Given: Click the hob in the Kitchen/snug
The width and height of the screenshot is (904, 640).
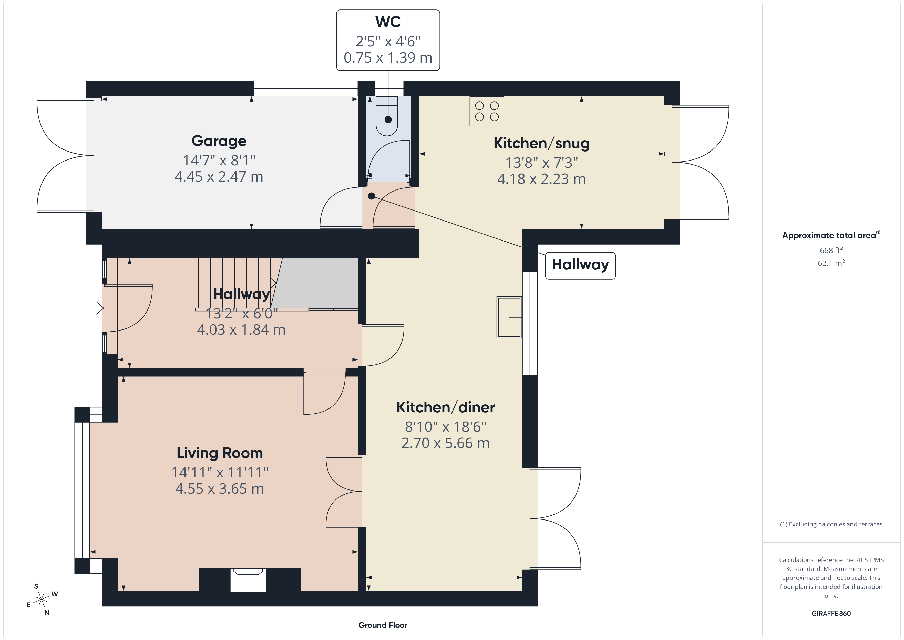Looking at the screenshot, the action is click(487, 111).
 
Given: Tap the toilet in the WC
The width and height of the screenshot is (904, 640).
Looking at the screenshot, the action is click(387, 116).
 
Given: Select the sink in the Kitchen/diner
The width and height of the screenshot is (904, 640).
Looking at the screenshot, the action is click(509, 317).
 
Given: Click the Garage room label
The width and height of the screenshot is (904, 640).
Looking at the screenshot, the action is click(219, 141).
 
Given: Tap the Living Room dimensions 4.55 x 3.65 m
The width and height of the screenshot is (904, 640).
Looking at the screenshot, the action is click(219, 489).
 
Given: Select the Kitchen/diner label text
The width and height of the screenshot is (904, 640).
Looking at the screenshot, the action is click(446, 407).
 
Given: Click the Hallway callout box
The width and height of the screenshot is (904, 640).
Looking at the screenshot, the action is click(580, 266).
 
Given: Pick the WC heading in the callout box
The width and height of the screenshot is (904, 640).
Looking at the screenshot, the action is click(388, 22).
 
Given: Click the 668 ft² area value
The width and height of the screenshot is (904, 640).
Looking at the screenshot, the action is click(831, 250).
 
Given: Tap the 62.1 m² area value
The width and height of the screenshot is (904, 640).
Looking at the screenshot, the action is click(831, 263).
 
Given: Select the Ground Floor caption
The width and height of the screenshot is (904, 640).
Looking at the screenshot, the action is click(383, 625).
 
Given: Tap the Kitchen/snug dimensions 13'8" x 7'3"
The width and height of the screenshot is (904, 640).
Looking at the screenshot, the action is click(542, 162).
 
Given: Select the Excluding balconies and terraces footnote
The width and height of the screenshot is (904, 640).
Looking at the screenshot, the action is click(831, 524).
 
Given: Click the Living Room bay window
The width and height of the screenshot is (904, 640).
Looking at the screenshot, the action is click(82, 490).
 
